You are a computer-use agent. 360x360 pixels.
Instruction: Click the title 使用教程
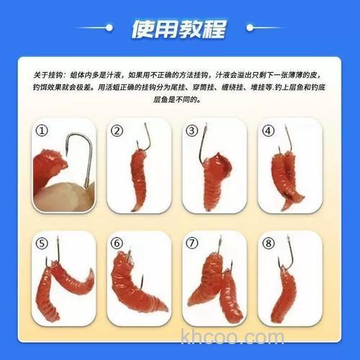click(179, 30)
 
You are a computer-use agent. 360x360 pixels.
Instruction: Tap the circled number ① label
click(43, 131)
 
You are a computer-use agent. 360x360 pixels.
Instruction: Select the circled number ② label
click(117, 131)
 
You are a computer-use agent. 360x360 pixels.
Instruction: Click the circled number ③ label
click(192, 131)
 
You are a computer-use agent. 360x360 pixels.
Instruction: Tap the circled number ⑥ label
click(117, 243)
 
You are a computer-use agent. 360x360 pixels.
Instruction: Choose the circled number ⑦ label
click(192, 243)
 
